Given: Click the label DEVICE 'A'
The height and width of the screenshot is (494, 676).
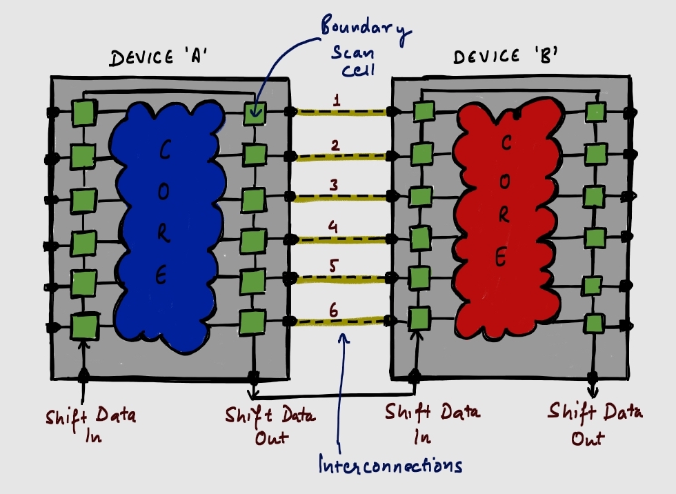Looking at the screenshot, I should (x=161, y=58).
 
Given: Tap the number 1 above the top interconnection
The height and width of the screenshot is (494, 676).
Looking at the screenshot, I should (x=337, y=100).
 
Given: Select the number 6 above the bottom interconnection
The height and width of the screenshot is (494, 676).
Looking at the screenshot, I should (x=335, y=310).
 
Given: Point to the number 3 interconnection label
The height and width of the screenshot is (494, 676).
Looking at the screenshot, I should (x=334, y=186).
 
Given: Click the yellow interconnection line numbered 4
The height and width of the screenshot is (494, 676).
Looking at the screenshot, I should (x=341, y=239).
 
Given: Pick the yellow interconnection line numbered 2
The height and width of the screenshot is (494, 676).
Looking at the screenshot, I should (x=341, y=157).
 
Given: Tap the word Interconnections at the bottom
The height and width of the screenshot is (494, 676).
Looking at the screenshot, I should (x=390, y=466).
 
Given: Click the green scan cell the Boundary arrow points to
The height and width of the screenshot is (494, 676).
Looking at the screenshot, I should (x=255, y=113).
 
